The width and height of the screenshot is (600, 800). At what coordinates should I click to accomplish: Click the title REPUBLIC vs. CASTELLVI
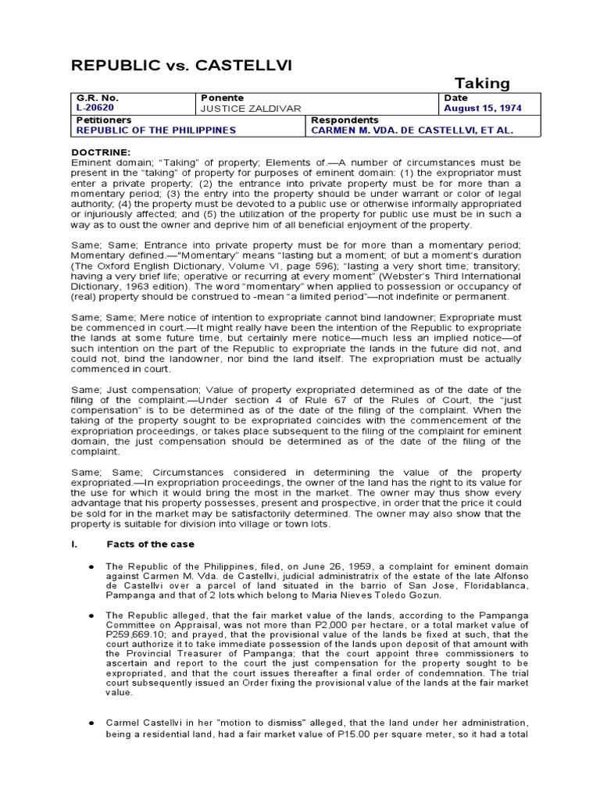click(x=182, y=66)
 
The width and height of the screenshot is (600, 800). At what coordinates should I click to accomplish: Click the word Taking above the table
click(x=482, y=83)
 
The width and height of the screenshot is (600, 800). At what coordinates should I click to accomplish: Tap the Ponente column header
click(x=222, y=98)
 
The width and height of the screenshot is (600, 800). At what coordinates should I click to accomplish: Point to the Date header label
click(x=455, y=98)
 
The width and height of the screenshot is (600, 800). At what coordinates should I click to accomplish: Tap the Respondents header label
click(x=345, y=120)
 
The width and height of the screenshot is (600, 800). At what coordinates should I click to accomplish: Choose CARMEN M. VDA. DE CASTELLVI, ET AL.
click(x=412, y=130)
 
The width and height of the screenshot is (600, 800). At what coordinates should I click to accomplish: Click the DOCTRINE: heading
click(x=101, y=152)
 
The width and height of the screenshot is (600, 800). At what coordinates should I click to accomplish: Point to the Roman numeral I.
click(x=73, y=544)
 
